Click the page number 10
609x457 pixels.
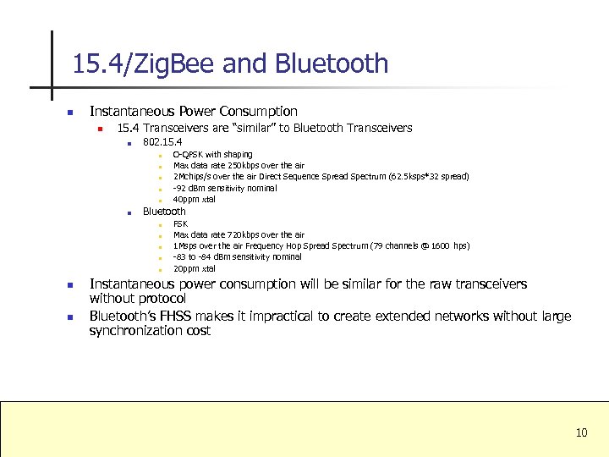pyautogui.click(x=581, y=433)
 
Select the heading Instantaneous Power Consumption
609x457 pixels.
pyautogui.click(x=194, y=111)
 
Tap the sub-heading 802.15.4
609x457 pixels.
pyautogui.click(x=162, y=141)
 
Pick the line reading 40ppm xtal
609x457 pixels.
pyautogui.click(x=195, y=200)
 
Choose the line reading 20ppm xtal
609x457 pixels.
pyautogui.click(x=195, y=268)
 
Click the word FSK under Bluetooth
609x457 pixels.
pyautogui.click(x=180, y=223)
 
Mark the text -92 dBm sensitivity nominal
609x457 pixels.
pyautogui.click(x=224, y=188)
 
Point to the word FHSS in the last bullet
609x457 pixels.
pyautogui.click(x=173, y=317)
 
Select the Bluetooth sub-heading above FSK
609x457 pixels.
pyautogui.click(x=164, y=211)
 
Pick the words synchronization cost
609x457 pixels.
pyautogui.click(x=150, y=331)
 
